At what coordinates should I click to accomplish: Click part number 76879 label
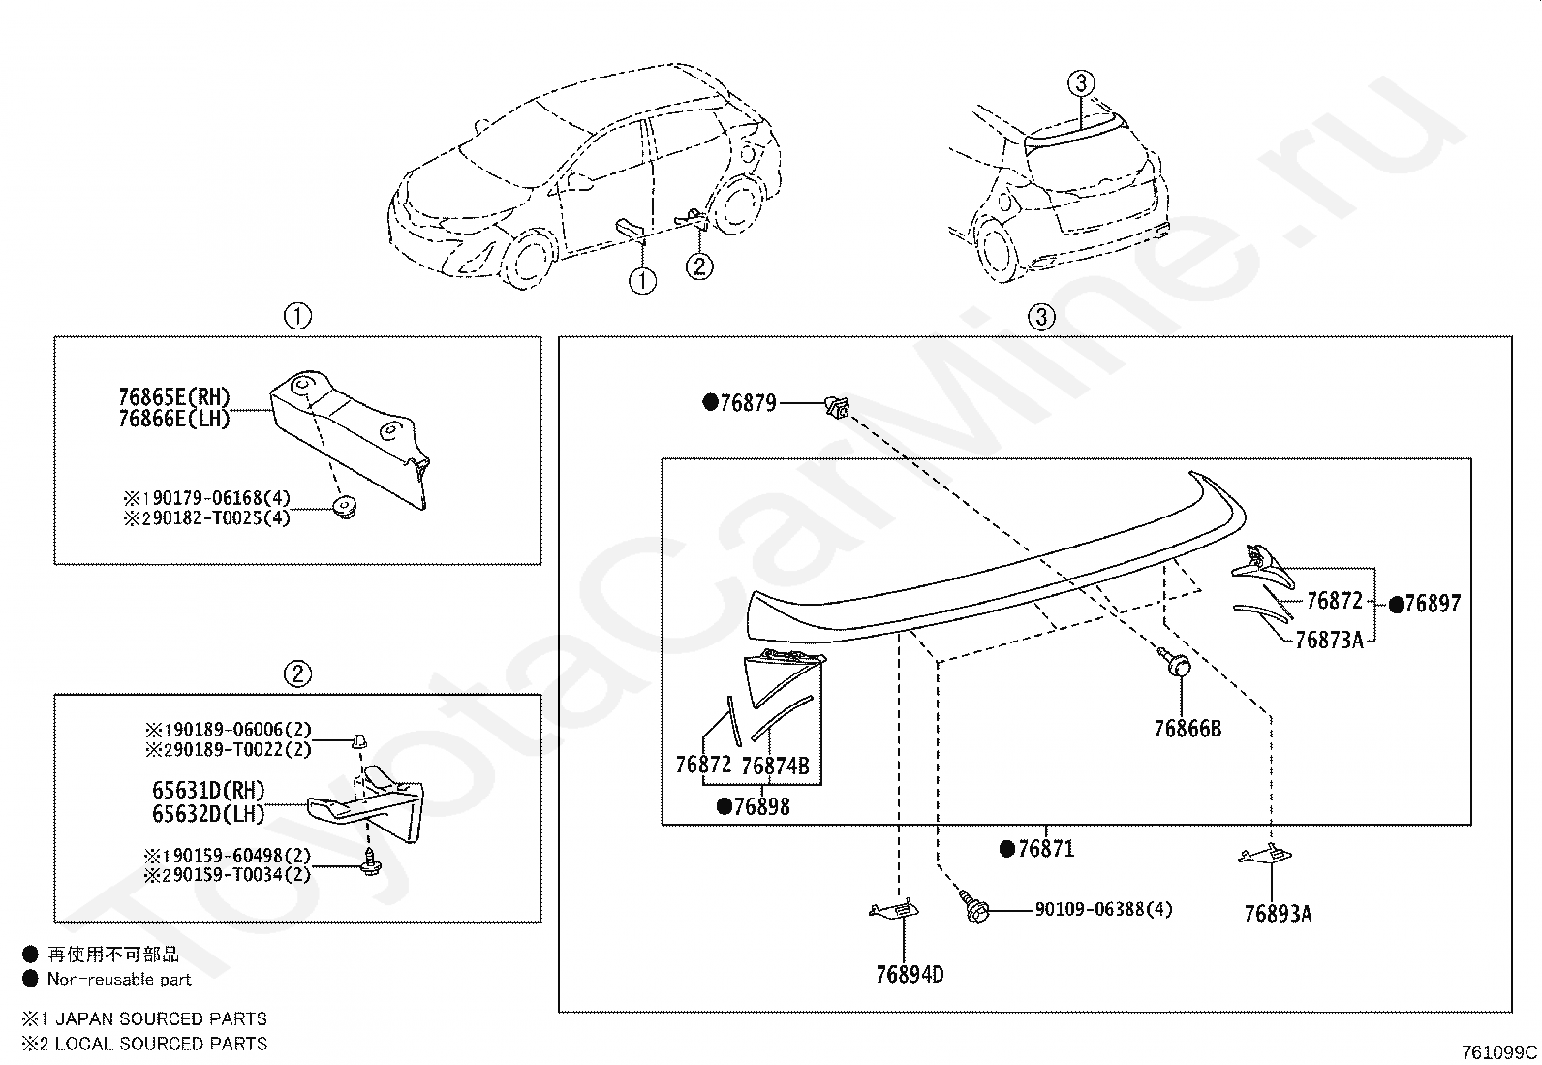click(x=748, y=403)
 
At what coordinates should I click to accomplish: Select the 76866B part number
click(x=1187, y=728)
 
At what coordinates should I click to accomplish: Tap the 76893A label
click(x=1278, y=913)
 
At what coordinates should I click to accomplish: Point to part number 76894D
click(x=909, y=974)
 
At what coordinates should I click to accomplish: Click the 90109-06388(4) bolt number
click(x=1103, y=909)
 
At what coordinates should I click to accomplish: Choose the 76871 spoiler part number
click(x=1046, y=849)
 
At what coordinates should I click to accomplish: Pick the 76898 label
click(x=761, y=806)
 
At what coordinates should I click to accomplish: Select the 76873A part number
click(x=1329, y=640)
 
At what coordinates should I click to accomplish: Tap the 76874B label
click(x=775, y=766)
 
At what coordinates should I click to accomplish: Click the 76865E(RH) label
click(x=174, y=396)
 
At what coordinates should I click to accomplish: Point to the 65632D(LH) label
click(x=208, y=814)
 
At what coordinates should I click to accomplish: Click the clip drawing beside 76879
click(x=836, y=405)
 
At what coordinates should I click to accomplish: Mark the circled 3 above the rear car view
click(x=1082, y=83)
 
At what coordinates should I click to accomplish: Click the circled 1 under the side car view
click(x=642, y=281)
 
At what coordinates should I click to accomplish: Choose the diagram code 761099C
click(x=1499, y=1052)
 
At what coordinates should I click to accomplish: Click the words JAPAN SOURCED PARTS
click(x=161, y=1018)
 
